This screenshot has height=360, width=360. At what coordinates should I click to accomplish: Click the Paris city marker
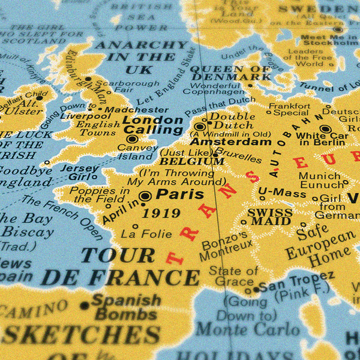click(x=145, y=196)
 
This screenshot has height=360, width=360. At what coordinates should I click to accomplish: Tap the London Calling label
click(x=152, y=125)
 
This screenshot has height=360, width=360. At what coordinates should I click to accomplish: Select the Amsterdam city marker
click(x=200, y=127)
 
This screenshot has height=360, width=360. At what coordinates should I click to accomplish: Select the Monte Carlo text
click(x=248, y=328)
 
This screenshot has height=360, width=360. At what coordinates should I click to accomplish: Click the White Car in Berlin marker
click(x=325, y=128)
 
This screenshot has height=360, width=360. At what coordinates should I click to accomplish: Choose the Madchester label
click(x=136, y=110)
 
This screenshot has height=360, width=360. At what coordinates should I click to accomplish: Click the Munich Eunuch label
click(x=319, y=181)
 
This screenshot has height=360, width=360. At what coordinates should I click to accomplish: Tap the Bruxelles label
click(x=239, y=156)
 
